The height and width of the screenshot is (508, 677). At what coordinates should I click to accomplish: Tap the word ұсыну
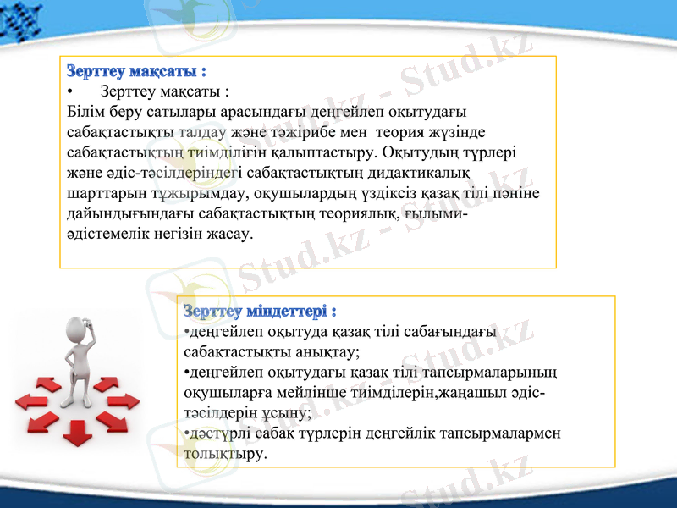289,413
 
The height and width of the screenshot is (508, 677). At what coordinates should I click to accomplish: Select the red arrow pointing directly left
31,399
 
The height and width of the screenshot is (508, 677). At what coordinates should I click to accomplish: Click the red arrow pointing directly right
123,399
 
